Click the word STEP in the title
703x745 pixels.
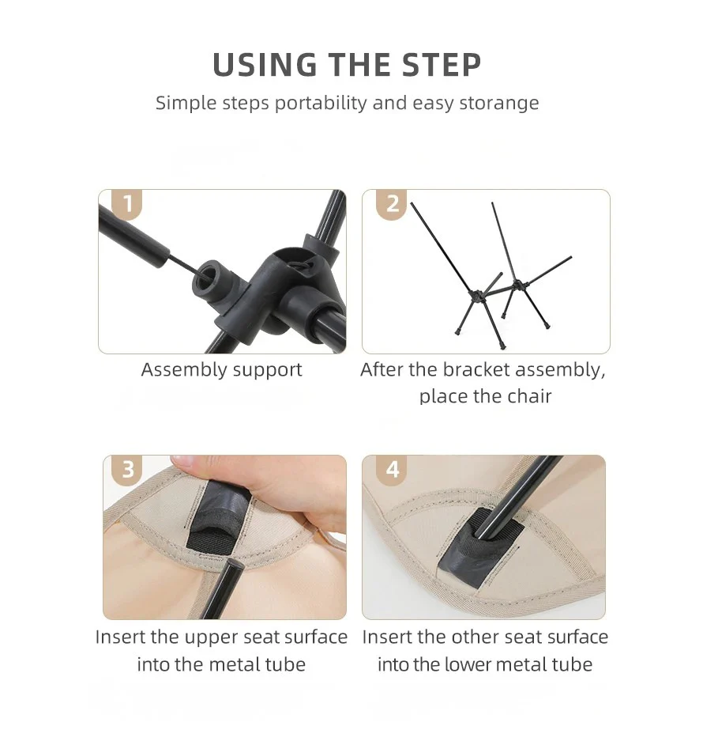[442, 65]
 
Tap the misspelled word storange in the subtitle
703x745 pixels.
[499, 103]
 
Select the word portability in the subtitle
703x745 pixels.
[321, 103]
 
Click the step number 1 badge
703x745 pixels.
[127, 204]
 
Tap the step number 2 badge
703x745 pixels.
[392, 204]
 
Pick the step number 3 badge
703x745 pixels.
[127, 470]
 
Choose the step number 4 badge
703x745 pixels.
[392, 470]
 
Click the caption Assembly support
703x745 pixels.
[222, 370]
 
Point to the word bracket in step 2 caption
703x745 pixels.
[476, 369]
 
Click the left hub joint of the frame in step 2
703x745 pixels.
[476, 296]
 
